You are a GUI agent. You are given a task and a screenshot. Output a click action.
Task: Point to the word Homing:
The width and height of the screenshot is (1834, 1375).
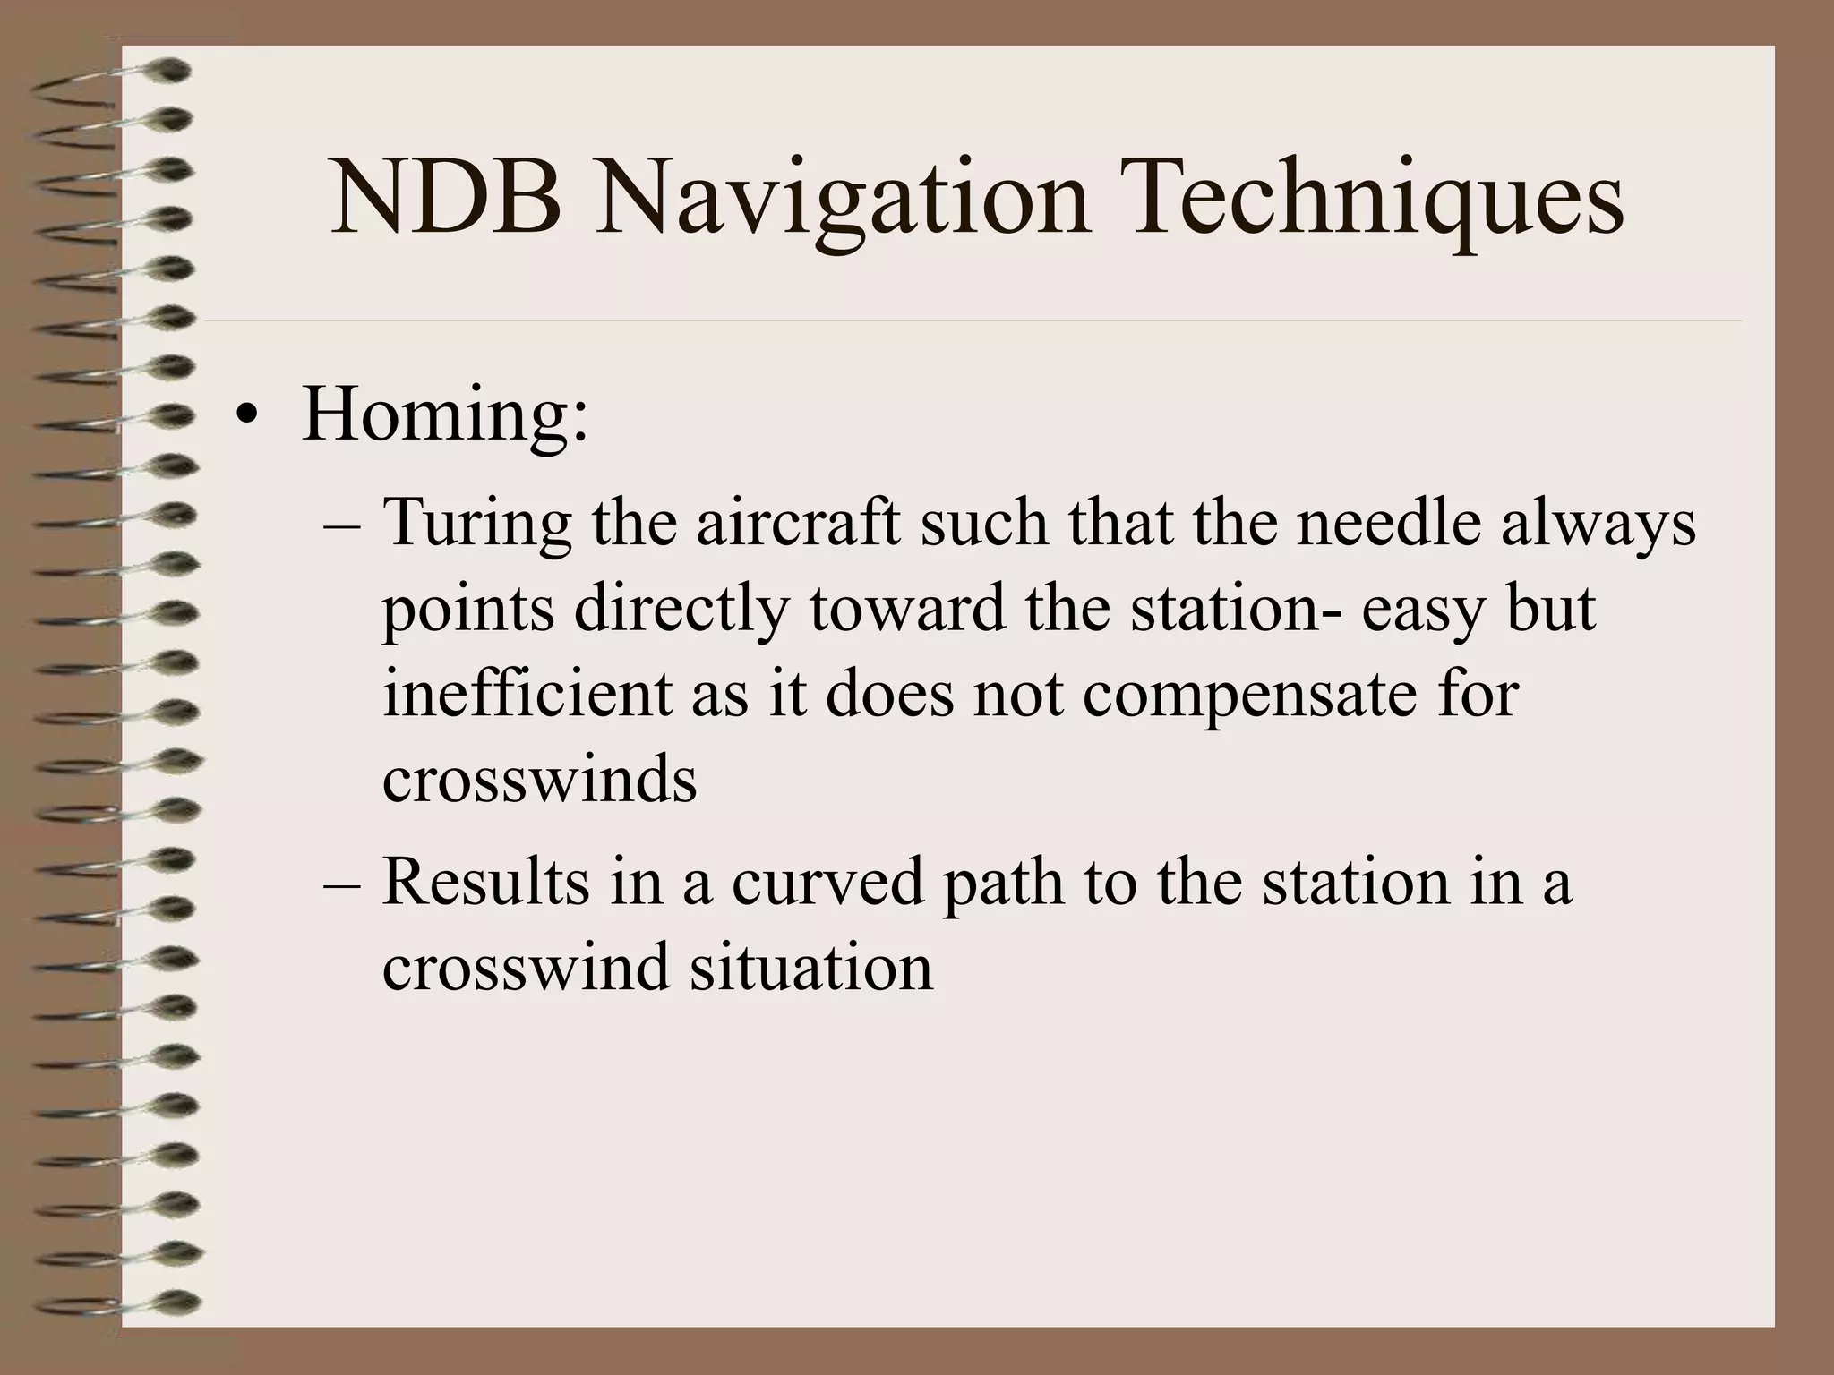click(445, 415)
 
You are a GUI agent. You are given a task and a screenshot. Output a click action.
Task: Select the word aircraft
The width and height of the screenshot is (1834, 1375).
click(798, 522)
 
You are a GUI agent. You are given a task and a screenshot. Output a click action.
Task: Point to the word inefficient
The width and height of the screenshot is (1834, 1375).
click(527, 695)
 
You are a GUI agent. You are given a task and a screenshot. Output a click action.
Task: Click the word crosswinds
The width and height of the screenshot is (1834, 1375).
click(539, 780)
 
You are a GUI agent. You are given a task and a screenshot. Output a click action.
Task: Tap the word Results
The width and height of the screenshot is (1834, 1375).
click(486, 882)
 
